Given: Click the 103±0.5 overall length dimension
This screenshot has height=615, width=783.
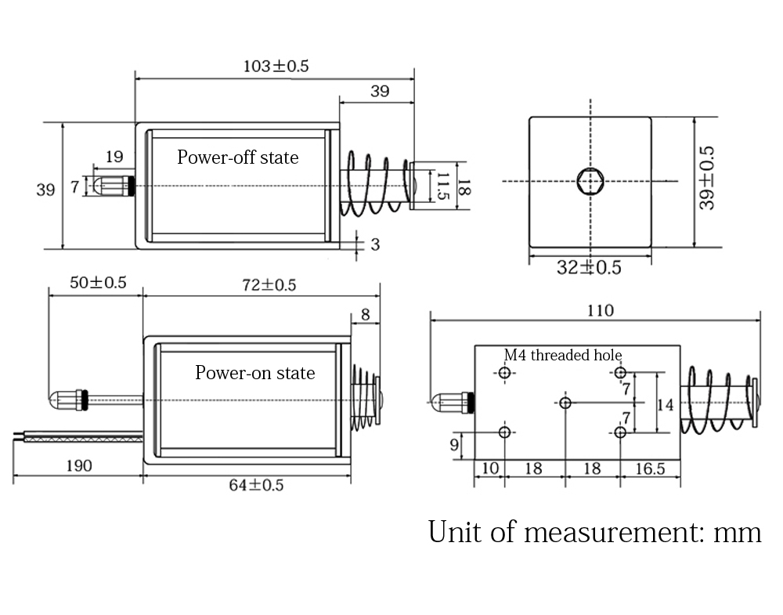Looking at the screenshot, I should point(276,66).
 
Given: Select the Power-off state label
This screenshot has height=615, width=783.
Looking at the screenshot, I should point(237,157).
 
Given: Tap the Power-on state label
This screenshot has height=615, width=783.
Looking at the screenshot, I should point(254,373).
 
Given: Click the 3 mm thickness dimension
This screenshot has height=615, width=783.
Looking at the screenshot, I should point(374,244).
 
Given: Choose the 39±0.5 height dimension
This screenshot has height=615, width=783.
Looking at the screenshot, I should point(707,177).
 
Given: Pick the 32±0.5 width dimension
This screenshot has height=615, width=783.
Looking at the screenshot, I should point(589,267).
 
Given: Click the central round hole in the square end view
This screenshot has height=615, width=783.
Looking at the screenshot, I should point(590,181).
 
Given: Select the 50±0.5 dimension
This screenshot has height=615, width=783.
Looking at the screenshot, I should point(98,283).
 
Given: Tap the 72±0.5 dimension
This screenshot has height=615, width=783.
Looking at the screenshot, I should point(268,284).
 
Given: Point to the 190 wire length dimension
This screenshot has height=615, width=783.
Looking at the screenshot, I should point(78,465).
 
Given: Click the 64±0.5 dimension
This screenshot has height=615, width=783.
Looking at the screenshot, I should point(256,485).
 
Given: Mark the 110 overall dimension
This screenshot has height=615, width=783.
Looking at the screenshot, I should point(600,311).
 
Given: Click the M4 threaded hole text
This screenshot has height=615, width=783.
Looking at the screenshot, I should point(562,355).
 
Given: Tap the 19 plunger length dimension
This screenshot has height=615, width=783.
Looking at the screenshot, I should point(114,157).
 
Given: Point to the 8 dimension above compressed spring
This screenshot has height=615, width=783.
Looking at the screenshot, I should point(366,315).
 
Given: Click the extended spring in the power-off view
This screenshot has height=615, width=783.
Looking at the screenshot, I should point(373,184).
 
